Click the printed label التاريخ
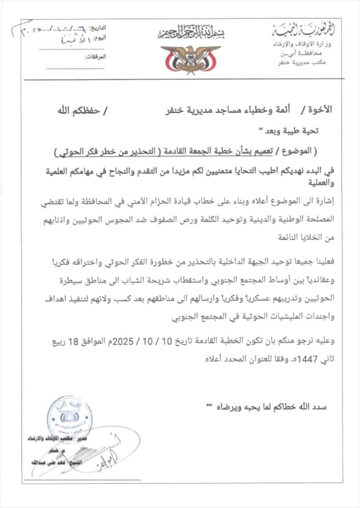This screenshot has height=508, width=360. [x=100, y=28]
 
